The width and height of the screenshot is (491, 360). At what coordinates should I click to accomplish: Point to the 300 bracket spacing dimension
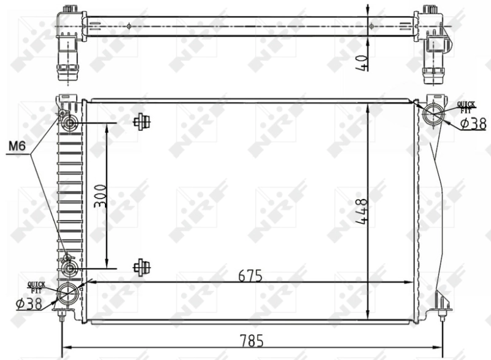point(101,196)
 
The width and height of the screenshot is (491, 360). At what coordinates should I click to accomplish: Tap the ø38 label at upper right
point(472,123)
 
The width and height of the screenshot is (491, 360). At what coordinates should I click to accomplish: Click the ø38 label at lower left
point(29,303)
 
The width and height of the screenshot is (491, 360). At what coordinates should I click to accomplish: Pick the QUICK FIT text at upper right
point(466,107)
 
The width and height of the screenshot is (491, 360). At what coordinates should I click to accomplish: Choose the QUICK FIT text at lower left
point(36,286)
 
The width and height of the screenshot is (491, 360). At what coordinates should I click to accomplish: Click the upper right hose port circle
point(435,113)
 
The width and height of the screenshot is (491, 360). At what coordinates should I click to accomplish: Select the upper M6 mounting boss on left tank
point(69,123)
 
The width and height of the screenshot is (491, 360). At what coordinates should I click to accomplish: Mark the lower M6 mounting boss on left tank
point(69,268)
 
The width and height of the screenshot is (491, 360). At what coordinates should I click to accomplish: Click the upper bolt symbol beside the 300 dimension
point(142,122)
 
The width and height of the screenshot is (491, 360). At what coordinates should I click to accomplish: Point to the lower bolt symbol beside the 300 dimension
point(142,267)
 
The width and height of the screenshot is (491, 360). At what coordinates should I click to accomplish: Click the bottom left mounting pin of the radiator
point(62,314)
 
